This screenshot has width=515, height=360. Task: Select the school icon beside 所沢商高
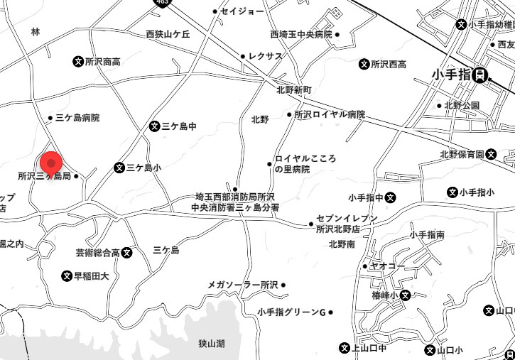click(x=78, y=62)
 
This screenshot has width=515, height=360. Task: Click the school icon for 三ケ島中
click(x=154, y=126)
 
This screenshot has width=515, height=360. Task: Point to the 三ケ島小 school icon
click(x=119, y=168)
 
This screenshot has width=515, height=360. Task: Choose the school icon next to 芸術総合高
click(x=126, y=252)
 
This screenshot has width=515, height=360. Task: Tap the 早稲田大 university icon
click(x=67, y=276)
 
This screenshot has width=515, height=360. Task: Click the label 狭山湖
click(x=212, y=344)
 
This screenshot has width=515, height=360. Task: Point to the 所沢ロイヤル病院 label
click(x=330, y=114)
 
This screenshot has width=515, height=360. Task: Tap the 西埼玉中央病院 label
click(x=301, y=34)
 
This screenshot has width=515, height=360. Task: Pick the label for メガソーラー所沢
click(x=242, y=285)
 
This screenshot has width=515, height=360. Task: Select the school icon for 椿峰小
click(x=405, y=295)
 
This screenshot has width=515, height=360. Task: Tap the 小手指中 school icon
click(x=391, y=197)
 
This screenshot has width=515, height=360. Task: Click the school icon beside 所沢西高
click(x=364, y=64)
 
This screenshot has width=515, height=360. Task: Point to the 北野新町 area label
click(x=294, y=90)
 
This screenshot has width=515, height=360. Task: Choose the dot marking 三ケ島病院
click(x=50, y=118)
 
